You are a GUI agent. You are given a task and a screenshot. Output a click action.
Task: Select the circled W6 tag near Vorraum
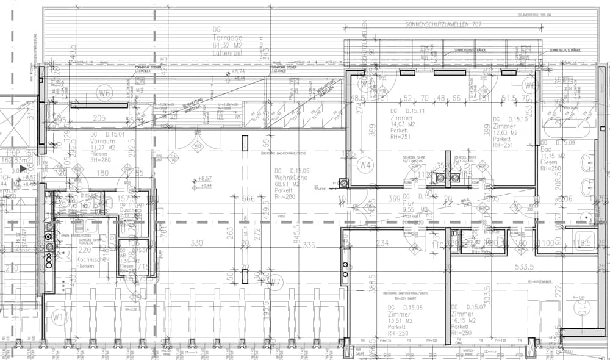[106, 93]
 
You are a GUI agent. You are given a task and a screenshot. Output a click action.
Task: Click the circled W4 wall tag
[365, 165]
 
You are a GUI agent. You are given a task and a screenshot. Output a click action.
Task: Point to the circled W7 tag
[275, 282]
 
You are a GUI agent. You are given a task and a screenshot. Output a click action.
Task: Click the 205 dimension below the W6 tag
[99, 118]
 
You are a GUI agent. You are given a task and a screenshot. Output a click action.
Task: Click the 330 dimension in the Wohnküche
[196, 243]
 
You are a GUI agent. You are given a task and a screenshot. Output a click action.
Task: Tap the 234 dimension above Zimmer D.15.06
[382, 243]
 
